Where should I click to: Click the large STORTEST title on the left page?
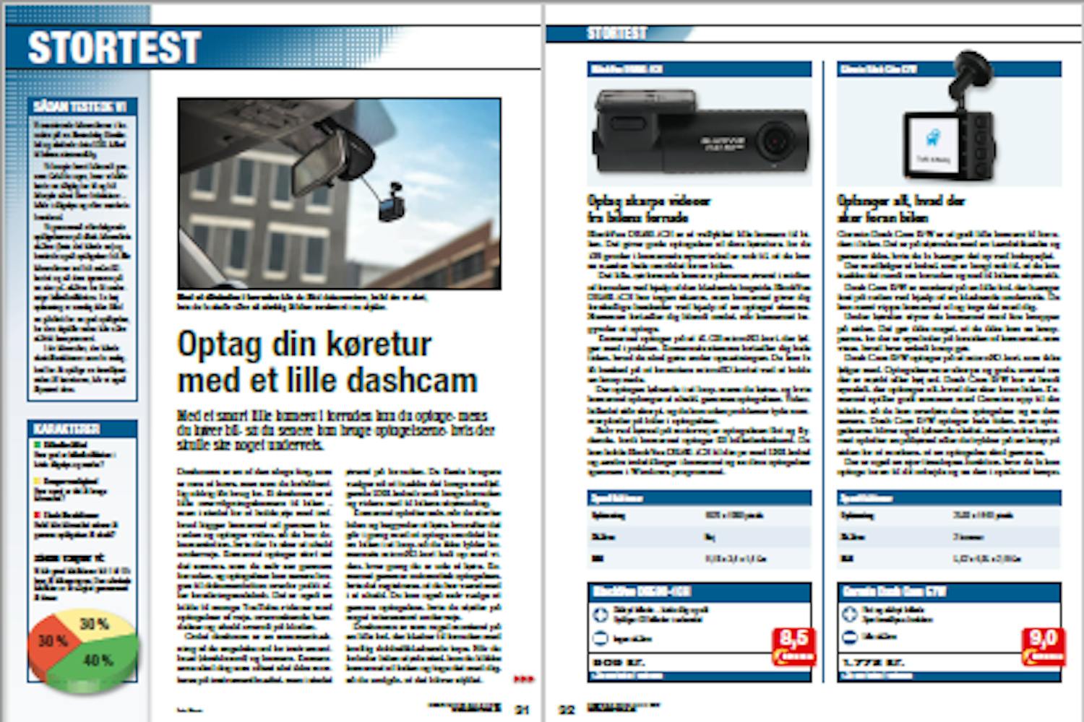pyautogui.click(x=113, y=48)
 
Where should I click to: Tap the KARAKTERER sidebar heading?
pyautogui.click(x=68, y=429)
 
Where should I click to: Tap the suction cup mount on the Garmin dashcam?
pyautogui.click(x=968, y=62)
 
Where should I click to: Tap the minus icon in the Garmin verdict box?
pyautogui.click(x=850, y=638)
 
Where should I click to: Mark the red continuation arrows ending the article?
pyautogui.click(x=524, y=679)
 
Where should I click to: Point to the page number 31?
pyautogui.click(x=522, y=710)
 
